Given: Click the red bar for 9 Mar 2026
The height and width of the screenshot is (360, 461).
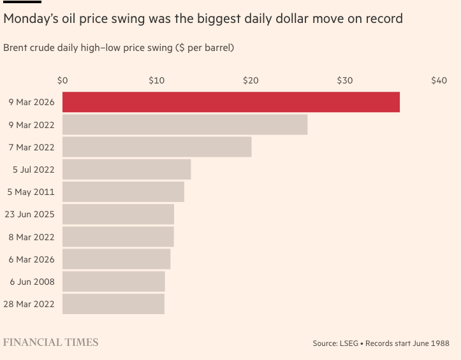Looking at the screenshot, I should (x=231, y=102).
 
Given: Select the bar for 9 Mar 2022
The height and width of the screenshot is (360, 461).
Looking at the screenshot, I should (x=185, y=125).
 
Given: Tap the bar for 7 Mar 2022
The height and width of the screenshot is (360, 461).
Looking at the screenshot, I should (x=157, y=147).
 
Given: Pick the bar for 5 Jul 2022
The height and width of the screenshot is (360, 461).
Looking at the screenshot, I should (x=126, y=169).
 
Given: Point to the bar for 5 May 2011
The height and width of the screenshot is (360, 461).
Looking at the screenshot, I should (x=123, y=192).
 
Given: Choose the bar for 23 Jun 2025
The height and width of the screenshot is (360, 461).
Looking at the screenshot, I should (x=118, y=214).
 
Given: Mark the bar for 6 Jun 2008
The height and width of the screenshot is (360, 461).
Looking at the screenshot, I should (x=113, y=282).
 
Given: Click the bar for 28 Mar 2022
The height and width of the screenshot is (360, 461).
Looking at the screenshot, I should (x=113, y=304).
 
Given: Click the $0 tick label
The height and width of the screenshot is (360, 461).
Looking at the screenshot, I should (x=62, y=81).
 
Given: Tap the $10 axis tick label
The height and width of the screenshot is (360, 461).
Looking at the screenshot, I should (x=156, y=81).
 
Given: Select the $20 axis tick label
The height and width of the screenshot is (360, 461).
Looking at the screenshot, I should (x=251, y=81).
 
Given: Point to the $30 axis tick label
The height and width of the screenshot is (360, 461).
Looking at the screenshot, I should (x=344, y=81).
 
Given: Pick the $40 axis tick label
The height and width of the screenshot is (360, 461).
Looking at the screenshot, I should (x=439, y=81).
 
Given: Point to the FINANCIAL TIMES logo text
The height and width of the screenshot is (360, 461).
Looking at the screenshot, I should (x=51, y=342).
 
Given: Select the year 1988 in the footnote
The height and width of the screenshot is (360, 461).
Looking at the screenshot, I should (x=439, y=343).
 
